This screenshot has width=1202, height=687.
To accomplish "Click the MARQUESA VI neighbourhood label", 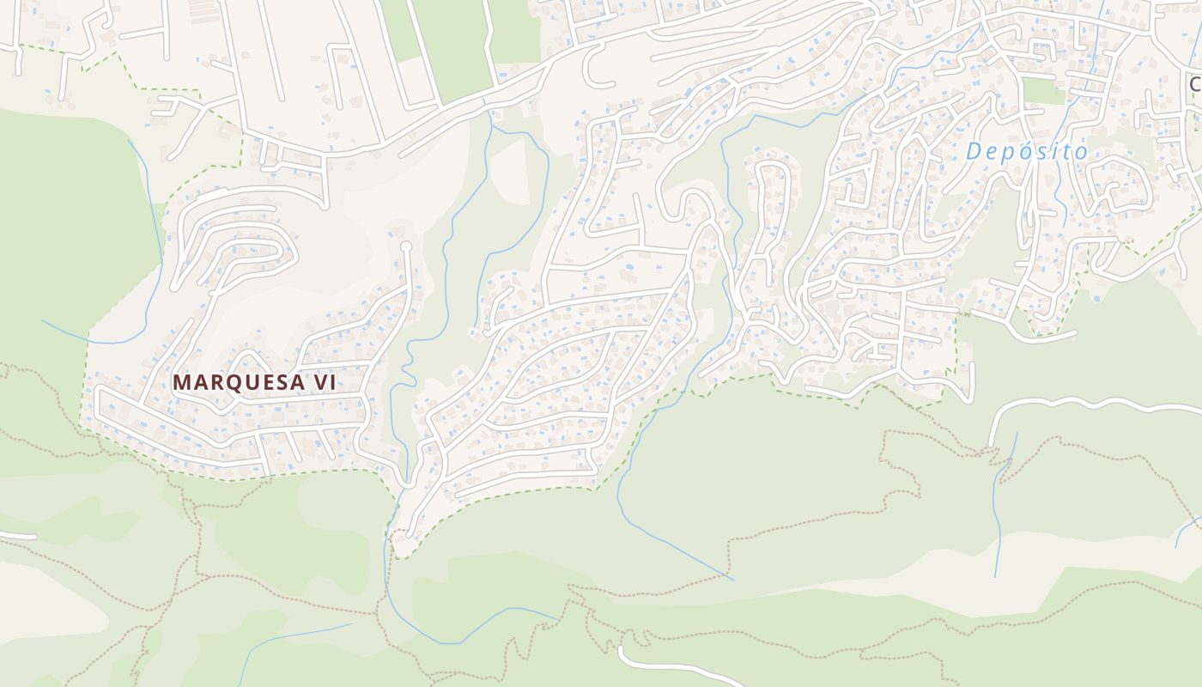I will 253,383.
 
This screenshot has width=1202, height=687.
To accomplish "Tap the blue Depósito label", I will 1026,152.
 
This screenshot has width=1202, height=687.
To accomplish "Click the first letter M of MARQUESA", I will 182,383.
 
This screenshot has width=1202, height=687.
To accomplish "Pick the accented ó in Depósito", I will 1025,151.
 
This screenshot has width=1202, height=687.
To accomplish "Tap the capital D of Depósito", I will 974,152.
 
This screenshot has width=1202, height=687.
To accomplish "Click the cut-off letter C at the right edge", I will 1195,84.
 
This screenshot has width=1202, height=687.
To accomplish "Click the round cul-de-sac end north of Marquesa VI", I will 406,247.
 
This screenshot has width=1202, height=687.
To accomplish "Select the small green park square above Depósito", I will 1043,91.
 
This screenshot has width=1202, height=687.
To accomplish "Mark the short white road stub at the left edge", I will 17,536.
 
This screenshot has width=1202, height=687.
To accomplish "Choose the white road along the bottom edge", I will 670,665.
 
